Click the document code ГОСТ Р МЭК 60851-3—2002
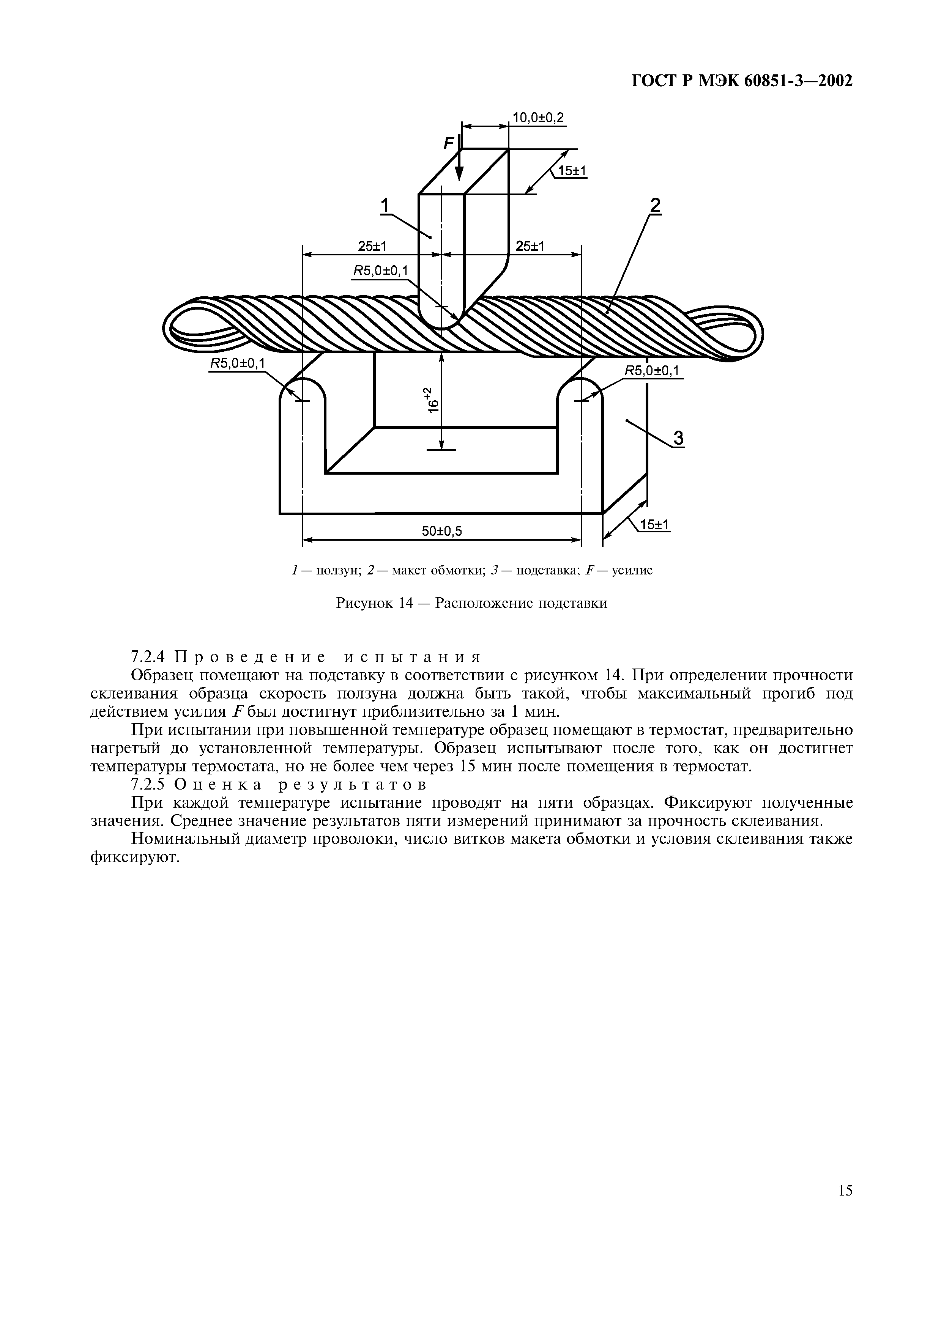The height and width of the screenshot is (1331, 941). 742,80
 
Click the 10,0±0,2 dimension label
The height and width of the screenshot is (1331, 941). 538,118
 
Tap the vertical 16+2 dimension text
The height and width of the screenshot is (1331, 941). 432,400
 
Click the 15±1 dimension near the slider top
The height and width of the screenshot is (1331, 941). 572,171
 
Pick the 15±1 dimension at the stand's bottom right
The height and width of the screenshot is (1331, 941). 654,525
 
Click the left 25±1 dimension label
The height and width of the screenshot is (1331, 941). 372,246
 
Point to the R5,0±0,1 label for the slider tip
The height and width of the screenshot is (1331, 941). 380,271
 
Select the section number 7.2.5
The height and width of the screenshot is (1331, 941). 149,785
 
